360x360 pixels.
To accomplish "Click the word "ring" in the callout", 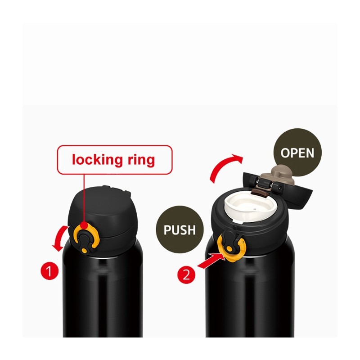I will click(x=139, y=159).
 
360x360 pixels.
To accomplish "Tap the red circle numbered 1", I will click(x=50, y=271).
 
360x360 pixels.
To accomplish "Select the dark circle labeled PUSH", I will click(x=179, y=229).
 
